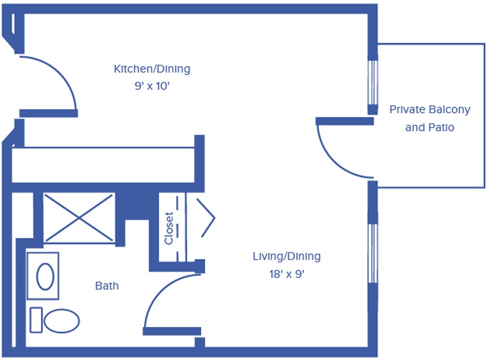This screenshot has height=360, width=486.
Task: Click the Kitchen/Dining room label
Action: [152, 69]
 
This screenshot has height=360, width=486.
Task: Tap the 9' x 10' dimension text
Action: [152, 86]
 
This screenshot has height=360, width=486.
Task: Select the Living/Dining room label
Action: [287, 257]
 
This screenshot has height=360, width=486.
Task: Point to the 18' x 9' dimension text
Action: [287, 274]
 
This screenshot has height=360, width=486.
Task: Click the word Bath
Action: [107, 286]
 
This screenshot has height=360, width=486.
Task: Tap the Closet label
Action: [169, 228]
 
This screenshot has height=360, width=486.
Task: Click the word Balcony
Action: [449, 110]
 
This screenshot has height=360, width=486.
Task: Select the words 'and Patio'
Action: [429, 127]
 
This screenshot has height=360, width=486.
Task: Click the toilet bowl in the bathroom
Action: [62, 321]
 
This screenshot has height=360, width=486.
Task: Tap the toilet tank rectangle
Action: [36, 320]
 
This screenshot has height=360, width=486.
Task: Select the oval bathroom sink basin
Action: [45, 276]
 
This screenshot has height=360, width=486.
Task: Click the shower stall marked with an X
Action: [79, 218]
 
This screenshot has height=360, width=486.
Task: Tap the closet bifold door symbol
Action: [205, 218]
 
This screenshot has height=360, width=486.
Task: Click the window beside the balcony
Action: [373, 83]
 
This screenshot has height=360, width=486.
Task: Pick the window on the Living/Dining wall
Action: [373, 253]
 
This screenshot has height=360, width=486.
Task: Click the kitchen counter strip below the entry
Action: [103, 165]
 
